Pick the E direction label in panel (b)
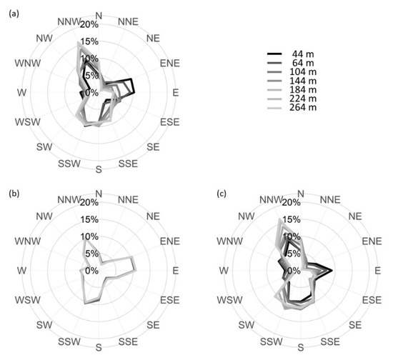click(176, 271)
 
